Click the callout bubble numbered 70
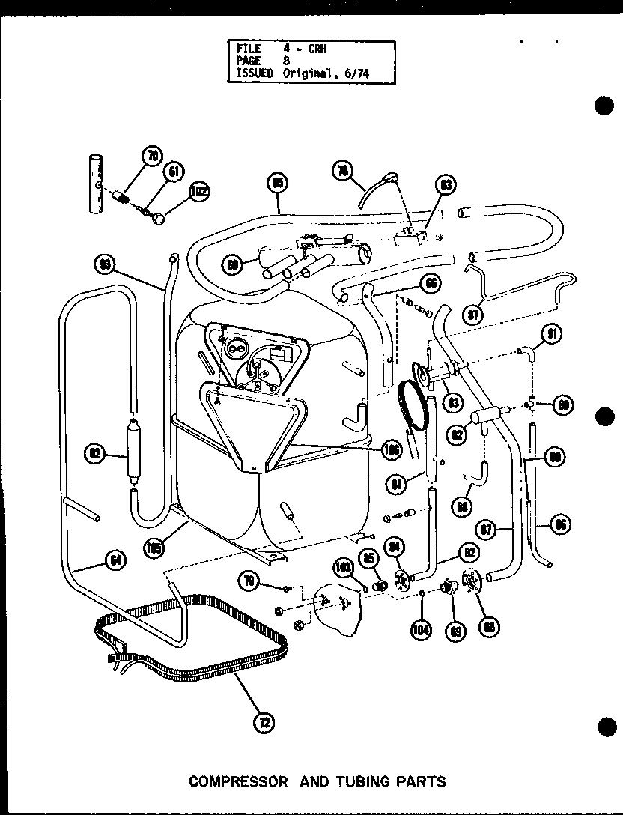pos(153,156)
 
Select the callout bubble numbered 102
pos(198,190)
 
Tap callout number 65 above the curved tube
pos(277,182)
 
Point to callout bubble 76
pos(342,171)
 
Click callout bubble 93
pos(104,263)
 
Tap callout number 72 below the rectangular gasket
pos(264,722)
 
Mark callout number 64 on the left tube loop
pos(115,560)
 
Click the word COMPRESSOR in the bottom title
pos(238,781)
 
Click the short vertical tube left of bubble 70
pos(95,184)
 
